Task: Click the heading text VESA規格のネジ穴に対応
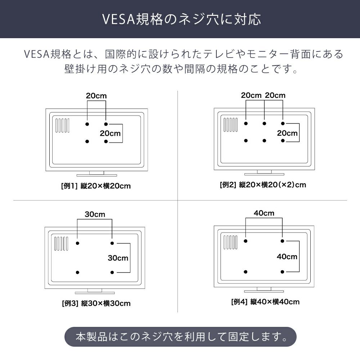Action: point(181,19)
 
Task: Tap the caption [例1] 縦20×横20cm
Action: point(96,186)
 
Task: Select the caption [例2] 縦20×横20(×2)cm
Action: point(263,185)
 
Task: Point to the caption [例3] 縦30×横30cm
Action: point(96,303)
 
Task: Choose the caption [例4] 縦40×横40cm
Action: point(265,301)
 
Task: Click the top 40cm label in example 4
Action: point(264,213)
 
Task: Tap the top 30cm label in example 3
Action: point(95,214)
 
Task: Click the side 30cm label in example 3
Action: point(118,258)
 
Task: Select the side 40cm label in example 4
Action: point(287,256)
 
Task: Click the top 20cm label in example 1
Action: point(96,96)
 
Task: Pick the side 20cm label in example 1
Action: point(110,133)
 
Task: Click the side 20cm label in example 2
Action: point(287,133)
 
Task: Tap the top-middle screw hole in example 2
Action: point(264,123)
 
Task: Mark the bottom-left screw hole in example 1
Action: point(87,141)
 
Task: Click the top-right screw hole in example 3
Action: point(112,243)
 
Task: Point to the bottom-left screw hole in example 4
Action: point(246,272)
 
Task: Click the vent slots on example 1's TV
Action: point(62,125)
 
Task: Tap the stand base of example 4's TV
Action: point(264,291)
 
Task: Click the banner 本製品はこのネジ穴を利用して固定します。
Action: point(180,337)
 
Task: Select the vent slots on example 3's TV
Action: point(61,244)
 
